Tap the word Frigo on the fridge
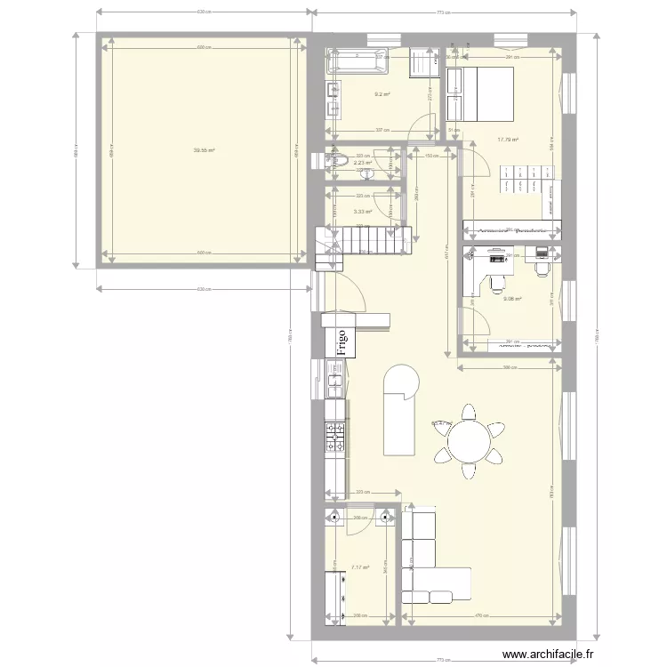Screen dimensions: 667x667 [x=340, y=340]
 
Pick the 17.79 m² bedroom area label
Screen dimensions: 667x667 [x=508, y=139]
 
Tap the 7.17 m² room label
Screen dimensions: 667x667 [x=360, y=567]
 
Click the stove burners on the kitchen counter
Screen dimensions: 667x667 [x=334, y=436]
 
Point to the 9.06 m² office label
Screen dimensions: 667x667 [x=512, y=299]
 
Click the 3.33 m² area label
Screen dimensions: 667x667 [x=362, y=211]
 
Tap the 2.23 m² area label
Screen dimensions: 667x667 [x=362, y=162]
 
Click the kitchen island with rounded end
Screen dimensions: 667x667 [x=399, y=409]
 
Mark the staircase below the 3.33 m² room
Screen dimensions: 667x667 [x=365, y=240]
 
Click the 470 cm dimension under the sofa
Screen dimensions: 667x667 [x=481, y=615]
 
